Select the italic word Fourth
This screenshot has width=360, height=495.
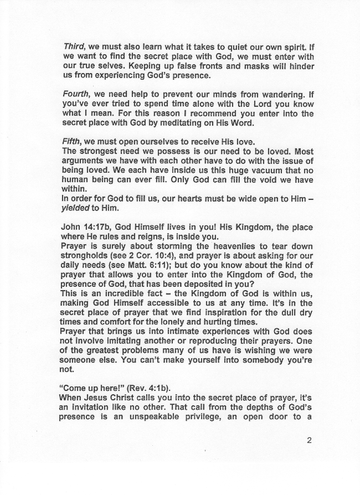pyautogui.click(x=76, y=95)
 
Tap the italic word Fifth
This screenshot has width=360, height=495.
pyautogui.click(x=71, y=142)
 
